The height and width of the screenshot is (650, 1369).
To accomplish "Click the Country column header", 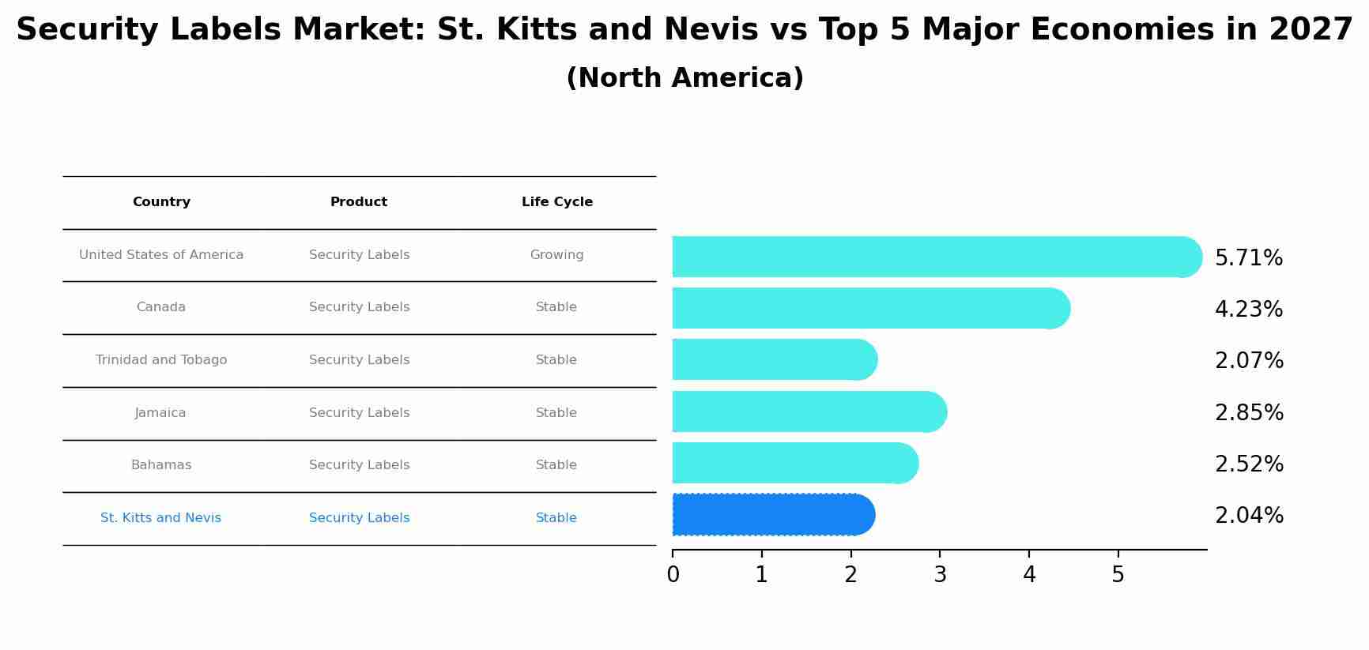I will point(161,202).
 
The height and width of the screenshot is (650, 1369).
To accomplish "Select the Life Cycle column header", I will point(556,202).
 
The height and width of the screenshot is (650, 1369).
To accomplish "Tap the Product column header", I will point(359,202).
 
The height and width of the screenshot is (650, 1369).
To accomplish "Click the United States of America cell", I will point(161,255).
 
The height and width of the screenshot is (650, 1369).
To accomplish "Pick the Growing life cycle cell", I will point(556,255).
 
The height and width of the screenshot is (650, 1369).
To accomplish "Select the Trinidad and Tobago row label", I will point(161,360).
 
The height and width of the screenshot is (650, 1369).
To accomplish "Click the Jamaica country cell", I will point(160,413).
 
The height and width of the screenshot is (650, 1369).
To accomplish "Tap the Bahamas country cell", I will point(161,465).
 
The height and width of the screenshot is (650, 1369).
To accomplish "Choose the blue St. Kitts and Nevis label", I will point(160,518).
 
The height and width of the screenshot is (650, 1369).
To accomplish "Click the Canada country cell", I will point(161,307).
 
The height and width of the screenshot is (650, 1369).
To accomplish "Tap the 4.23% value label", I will point(1248,310).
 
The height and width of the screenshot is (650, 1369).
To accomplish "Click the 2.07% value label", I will point(1248,361).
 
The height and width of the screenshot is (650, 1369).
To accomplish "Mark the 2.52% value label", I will point(1248,464).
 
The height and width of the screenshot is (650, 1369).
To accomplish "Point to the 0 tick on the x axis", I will point(673,575).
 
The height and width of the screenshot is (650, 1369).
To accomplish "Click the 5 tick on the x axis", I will point(1118,575).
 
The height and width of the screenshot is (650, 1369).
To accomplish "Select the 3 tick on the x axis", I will point(940,575).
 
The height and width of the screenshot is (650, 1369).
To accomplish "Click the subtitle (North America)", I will point(684,78).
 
